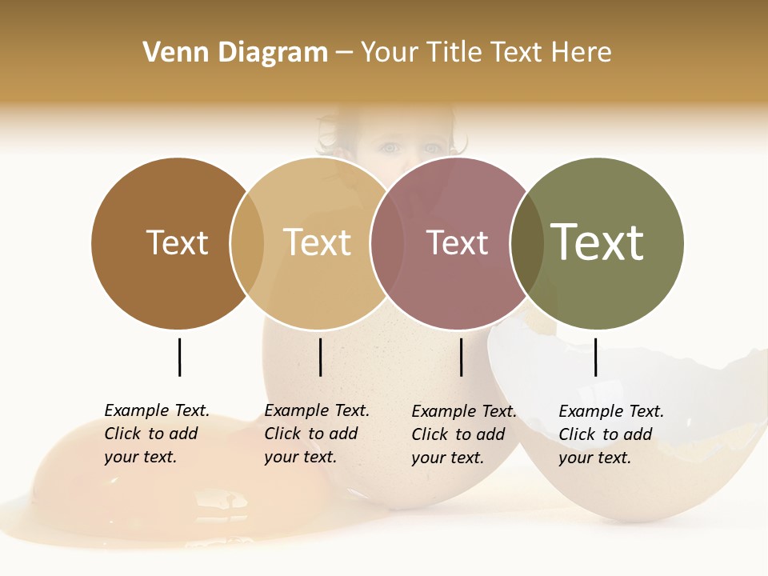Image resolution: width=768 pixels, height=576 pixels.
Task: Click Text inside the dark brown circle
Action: click(177, 242)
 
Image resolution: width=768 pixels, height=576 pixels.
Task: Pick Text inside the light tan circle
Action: click(317, 242)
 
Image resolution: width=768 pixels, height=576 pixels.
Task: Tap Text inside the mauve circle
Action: click(457, 242)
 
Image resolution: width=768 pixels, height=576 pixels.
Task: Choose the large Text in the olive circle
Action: click(597, 242)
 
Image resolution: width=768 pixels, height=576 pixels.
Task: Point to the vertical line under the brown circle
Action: click(179, 357)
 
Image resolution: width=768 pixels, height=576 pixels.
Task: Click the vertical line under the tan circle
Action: click(320, 357)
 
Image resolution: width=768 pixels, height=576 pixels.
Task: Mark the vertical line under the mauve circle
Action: click(461, 357)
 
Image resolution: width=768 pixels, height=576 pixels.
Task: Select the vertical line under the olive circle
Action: click(595, 357)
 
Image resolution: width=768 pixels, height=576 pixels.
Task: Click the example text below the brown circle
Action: click(157, 434)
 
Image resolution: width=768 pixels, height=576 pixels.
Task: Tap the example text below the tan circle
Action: click(317, 434)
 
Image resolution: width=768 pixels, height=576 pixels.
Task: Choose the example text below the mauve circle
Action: click(464, 434)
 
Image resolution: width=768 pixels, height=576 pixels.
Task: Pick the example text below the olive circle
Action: click(611, 434)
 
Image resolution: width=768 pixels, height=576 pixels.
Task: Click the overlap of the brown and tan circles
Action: click(247, 243)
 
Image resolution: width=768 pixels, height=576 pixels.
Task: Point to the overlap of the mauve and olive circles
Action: click(527, 243)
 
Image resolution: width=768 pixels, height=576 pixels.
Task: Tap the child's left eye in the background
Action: click(390, 148)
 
